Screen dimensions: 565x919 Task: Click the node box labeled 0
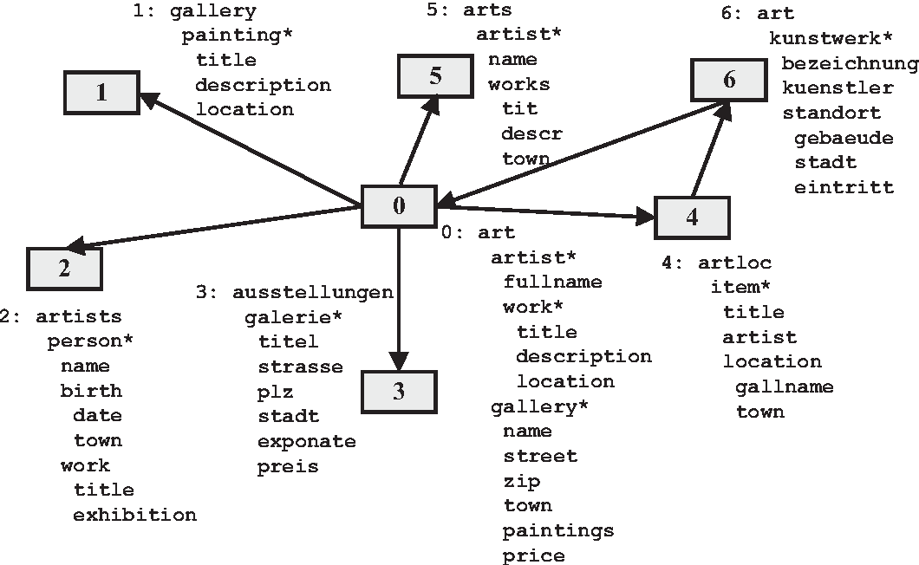pyautogui.click(x=398, y=205)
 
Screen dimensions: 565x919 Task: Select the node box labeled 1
pyautogui.click(x=101, y=91)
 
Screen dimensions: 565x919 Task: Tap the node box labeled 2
pyautogui.click(x=64, y=268)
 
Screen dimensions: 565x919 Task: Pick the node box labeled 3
pyautogui.click(x=399, y=391)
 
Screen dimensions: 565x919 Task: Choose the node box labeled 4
pyautogui.click(x=692, y=217)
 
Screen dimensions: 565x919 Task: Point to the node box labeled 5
pyautogui.click(x=434, y=75)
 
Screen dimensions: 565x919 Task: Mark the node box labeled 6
pyautogui.click(x=728, y=80)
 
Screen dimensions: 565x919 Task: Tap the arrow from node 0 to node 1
pyautogui.click(x=251, y=151)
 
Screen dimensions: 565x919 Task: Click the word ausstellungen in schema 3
pyautogui.click(x=313, y=292)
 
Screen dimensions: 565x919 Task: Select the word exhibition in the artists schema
pyautogui.click(x=135, y=515)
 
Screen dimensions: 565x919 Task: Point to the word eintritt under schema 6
pyautogui.click(x=844, y=186)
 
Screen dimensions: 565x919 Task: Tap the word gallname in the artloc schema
pyautogui.click(x=784, y=386)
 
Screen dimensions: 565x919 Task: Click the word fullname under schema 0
pyautogui.click(x=552, y=282)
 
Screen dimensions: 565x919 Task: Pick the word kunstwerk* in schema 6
pyautogui.click(x=831, y=39)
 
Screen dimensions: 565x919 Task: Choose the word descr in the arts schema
pyautogui.click(x=531, y=133)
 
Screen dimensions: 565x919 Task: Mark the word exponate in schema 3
pyautogui.click(x=306, y=441)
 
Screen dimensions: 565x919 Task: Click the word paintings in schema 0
pyautogui.click(x=558, y=530)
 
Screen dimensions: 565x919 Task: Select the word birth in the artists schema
pyautogui.click(x=91, y=391)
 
